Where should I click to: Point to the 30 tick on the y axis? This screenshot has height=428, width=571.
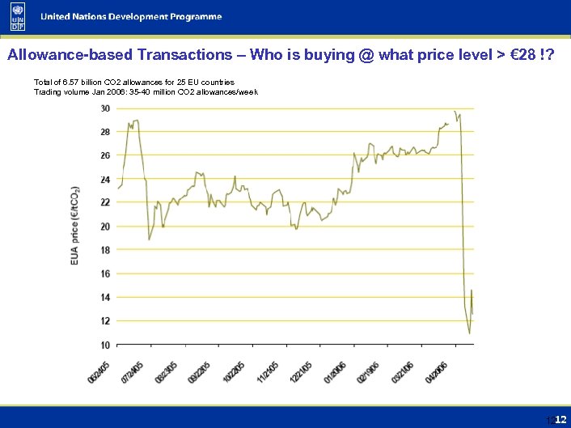(x=105, y=108)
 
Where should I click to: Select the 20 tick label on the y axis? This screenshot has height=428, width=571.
(x=105, y=227)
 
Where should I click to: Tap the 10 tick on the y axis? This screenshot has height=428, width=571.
(x=105, y=345)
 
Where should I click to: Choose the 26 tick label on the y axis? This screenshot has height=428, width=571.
(x=105, y=155)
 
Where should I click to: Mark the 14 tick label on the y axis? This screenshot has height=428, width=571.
(x=105, y=298)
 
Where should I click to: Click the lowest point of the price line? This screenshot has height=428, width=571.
(x=469, y=333)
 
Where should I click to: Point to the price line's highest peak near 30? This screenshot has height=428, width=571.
(x=455, y=112)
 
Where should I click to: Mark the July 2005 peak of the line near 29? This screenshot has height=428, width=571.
(x=136, y=121)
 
